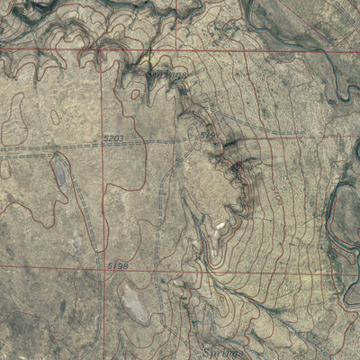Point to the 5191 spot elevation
coord(210,134)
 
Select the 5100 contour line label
coord(276,193)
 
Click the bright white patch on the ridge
coord(220,220)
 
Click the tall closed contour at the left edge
coord(13,117)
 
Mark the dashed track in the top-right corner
coord(306,27)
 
